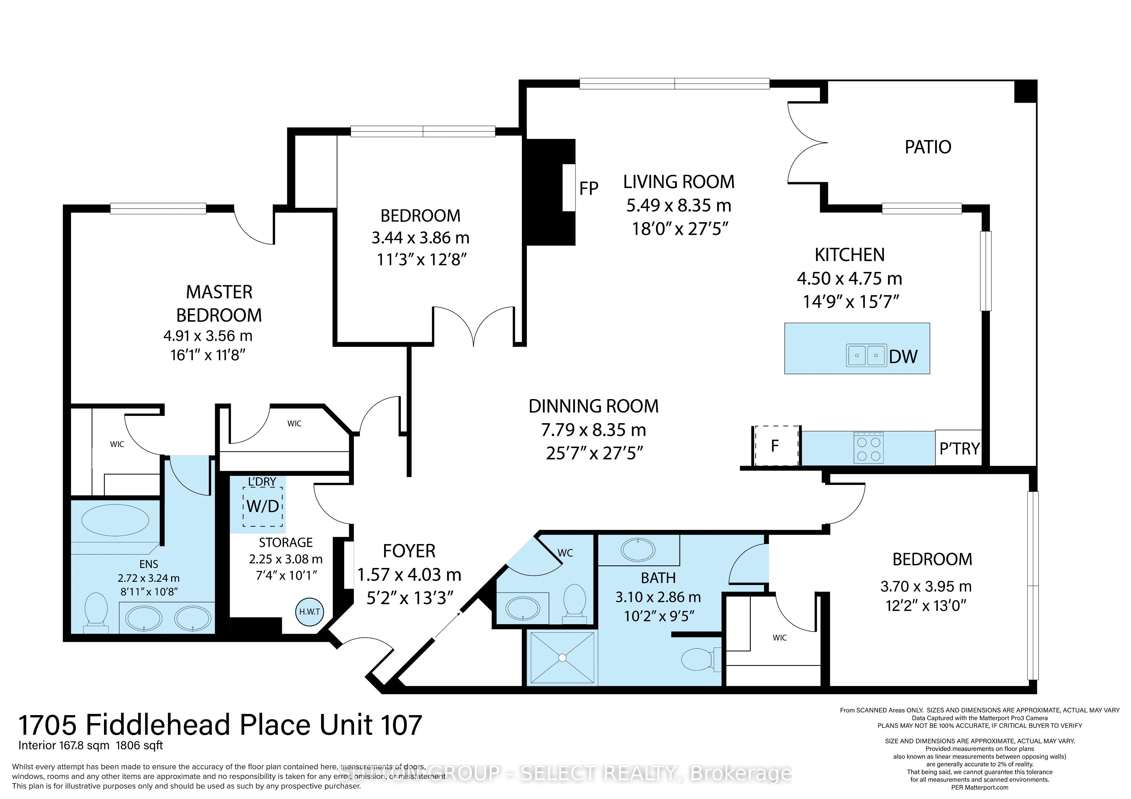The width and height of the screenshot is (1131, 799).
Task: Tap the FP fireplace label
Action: click(x=589, y=189)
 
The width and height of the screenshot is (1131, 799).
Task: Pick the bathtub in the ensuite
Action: click(x=115, y=520)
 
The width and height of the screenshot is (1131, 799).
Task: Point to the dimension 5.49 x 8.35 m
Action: click(x=678, y=206)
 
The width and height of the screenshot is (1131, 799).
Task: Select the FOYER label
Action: click(x=409, y=551)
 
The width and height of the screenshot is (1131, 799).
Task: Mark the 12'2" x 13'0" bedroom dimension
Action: click(x=926, y=606)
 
